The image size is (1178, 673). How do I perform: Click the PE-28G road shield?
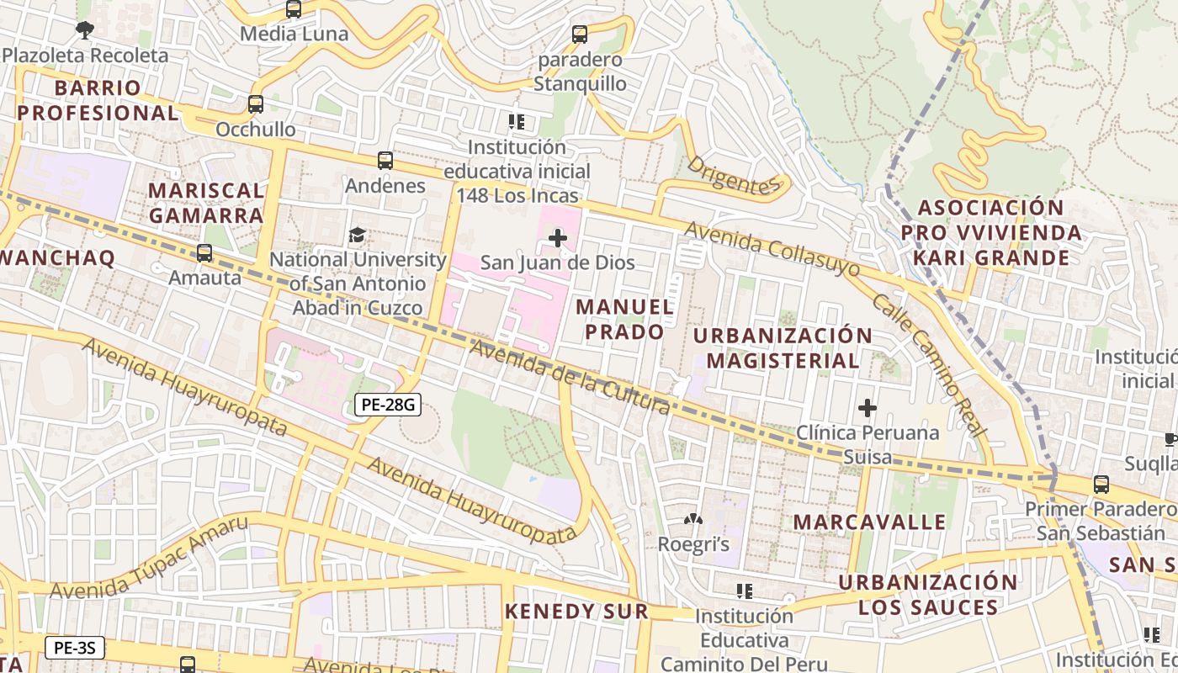point(387,405)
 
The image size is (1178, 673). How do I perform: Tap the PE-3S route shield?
point(74,648)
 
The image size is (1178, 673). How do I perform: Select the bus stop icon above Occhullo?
point(256,104)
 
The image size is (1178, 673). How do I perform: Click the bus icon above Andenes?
point(385,160)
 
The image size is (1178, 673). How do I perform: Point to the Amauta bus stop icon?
point(204,252)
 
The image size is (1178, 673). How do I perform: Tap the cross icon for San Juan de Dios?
point(557,238)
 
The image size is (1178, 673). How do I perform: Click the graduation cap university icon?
point(358,235)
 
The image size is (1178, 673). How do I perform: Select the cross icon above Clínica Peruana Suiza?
point(867,409)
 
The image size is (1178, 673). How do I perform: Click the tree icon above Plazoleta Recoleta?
point(84,30)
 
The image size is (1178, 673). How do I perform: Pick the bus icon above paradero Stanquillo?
point(580,34)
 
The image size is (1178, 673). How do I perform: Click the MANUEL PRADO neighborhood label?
point(624,320)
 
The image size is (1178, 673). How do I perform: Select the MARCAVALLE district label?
point(869,522)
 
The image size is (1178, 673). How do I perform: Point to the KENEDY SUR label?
point(576,612)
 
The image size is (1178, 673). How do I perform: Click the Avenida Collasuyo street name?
point(772,249)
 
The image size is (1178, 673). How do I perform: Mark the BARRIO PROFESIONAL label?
point(98,100)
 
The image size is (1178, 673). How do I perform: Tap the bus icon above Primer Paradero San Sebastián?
point(1101,485)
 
